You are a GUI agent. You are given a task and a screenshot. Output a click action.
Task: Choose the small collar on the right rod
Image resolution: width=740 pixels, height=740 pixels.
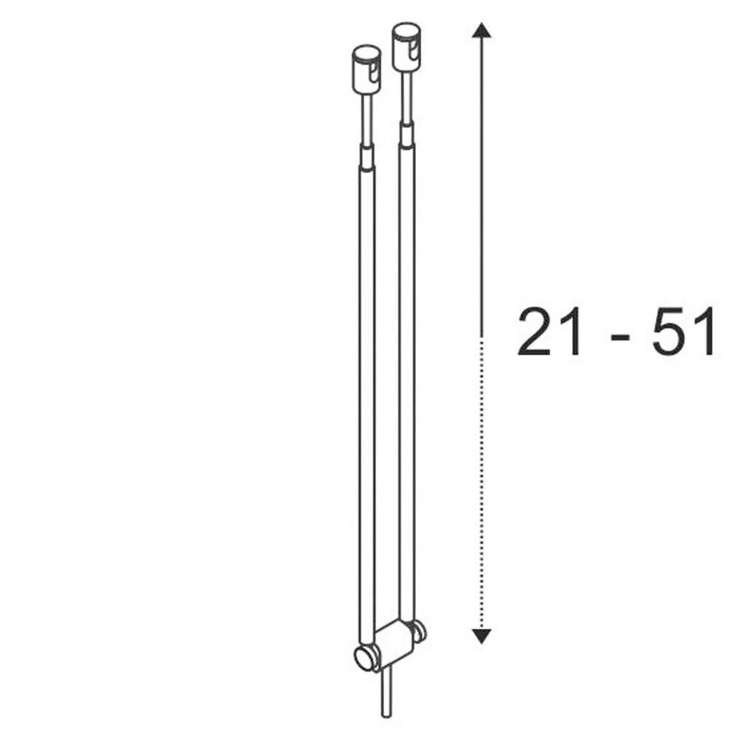tap(407, 135)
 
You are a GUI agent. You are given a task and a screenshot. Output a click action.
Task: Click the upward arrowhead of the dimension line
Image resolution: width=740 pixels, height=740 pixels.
tap(481, 31)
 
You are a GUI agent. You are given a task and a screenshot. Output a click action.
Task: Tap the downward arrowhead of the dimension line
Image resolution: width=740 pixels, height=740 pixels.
tap(481, 634)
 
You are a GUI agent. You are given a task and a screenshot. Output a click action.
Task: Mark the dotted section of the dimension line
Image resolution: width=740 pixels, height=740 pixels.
tap(481, 481)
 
